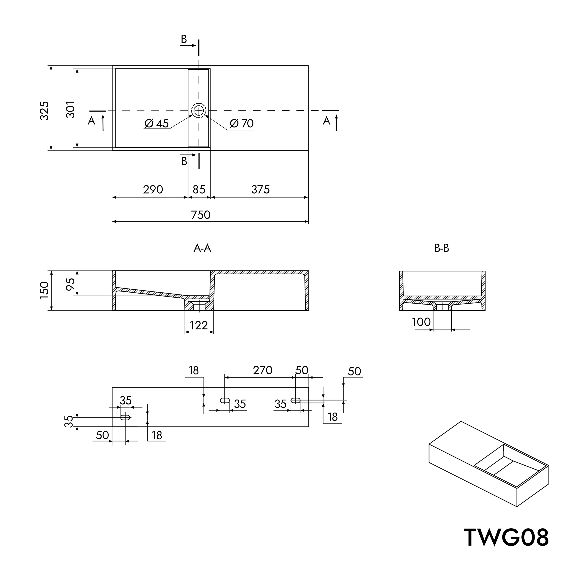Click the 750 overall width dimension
point(201,215)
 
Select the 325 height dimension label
point(44,111)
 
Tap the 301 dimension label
point(70,109)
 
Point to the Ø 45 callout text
point(157,124)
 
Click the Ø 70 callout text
point(242,124)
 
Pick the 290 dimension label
point(153,189)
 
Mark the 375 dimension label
point(261,189)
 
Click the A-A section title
point(202,248)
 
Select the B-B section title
point(441,248)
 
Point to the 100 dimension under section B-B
point(421,322)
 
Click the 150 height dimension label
point(44,290)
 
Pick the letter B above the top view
point(184,39)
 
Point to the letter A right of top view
point(326,121)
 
